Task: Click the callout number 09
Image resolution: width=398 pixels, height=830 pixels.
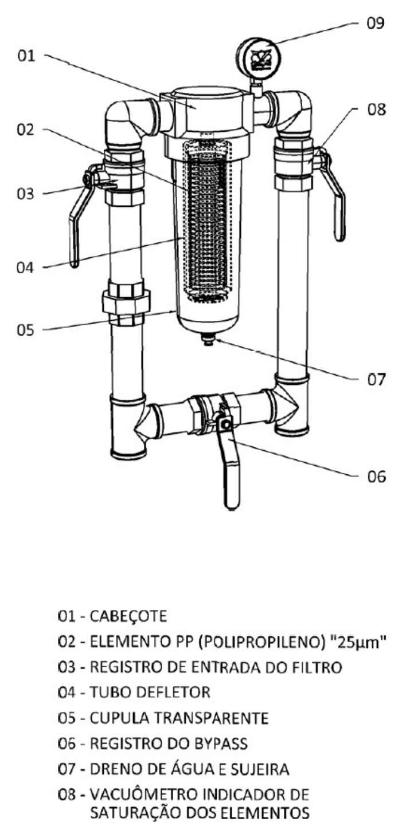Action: coord(376,23)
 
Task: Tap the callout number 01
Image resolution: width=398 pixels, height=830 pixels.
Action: coord(26,56)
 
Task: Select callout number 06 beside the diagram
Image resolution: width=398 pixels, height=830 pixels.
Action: coord(376,477)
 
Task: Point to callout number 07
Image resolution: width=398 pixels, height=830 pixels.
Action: coord(376,380)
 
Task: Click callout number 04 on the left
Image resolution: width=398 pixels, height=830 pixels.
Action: coord(25,268)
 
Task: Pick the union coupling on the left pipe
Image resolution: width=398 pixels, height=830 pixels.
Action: coord(126,303)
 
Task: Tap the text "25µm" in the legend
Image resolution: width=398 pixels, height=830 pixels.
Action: coord(358,642)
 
